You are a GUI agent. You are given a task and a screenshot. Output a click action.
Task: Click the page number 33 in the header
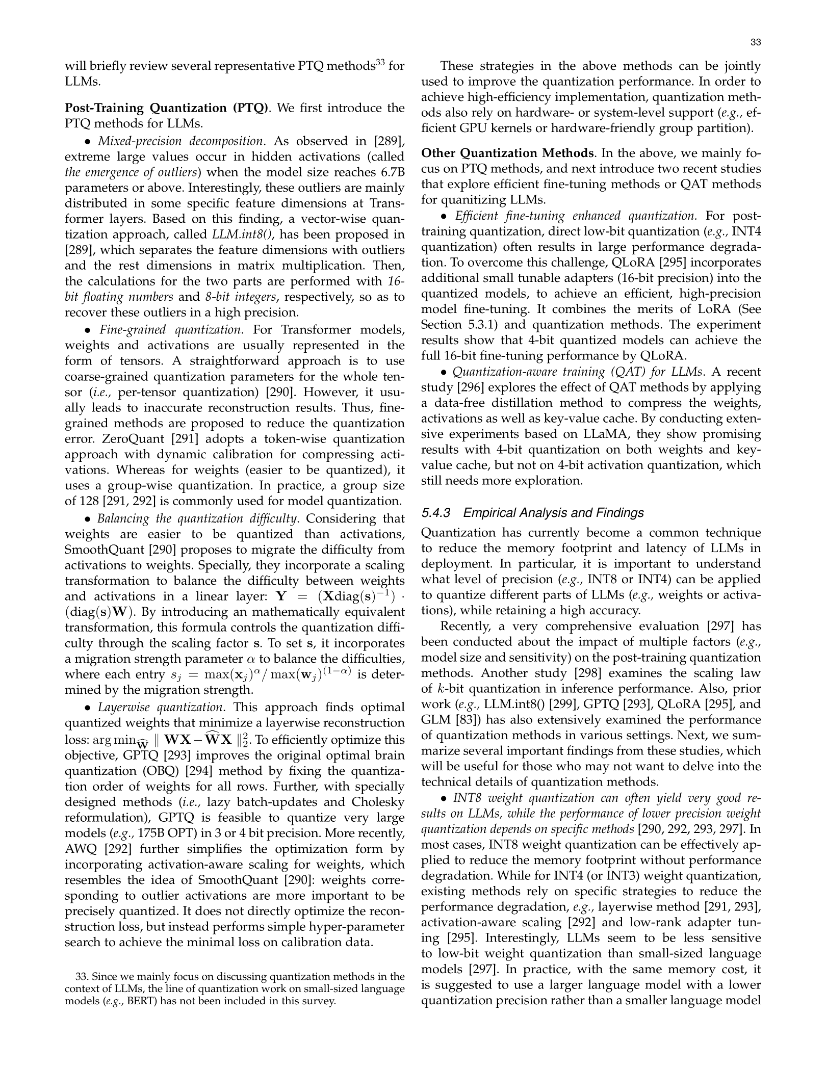756,42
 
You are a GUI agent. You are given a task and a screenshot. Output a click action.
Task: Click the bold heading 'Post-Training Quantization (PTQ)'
166,108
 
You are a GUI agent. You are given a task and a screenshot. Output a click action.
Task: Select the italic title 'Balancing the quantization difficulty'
197,519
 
